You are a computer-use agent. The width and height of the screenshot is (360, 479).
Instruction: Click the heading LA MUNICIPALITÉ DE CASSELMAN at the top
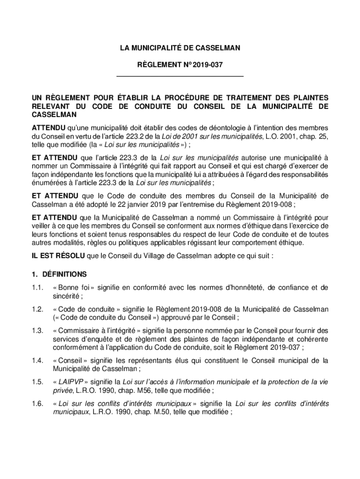tap(180, 48)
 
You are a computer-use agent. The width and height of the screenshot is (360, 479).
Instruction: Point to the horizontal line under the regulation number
tap(180, 76)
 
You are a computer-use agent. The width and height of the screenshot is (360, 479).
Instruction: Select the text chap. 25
tap(313, 136)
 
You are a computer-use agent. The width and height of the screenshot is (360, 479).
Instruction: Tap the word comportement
tap(222, 243)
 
